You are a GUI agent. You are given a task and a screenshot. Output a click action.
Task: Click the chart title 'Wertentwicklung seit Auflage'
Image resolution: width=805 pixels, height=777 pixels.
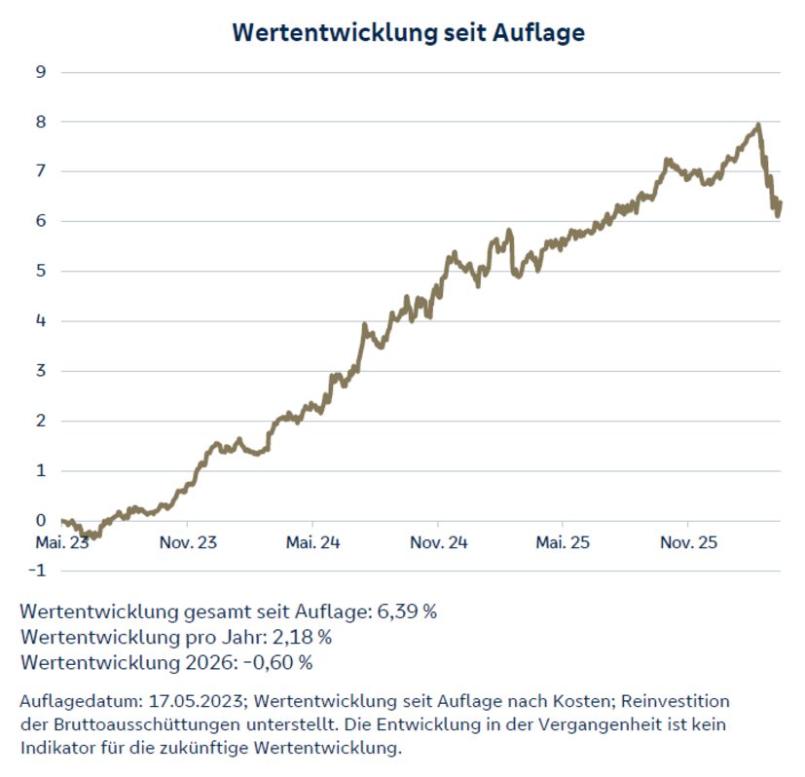click(408, 32)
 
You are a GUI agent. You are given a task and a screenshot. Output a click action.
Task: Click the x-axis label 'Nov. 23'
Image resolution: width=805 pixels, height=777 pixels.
click(188, 542)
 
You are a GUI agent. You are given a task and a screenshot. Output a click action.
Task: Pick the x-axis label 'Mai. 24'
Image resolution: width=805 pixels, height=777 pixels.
click(313, 542)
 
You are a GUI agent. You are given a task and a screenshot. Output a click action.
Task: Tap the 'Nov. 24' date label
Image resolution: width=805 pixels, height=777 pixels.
click(438, 542)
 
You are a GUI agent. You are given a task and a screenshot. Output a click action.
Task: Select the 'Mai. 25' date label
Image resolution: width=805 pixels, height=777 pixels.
click(564, 542)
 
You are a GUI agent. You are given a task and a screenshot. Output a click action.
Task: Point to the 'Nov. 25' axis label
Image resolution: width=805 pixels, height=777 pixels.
click(688, 542)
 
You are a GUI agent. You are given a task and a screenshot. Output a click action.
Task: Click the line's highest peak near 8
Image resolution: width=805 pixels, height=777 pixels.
click(757, 126)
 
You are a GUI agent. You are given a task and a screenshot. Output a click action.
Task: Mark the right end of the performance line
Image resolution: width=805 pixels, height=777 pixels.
click(780, 203)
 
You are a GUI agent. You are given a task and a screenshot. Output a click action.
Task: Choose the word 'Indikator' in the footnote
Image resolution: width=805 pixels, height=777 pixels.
click(57, 749)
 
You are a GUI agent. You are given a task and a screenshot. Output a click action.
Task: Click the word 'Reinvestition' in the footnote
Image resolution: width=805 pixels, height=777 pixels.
click(677, 701)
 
